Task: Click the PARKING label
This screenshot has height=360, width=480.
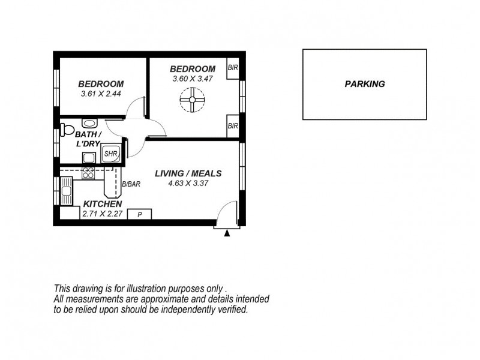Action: (x=365, y=85)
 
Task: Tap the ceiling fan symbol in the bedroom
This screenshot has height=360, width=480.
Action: (x=193, y=101)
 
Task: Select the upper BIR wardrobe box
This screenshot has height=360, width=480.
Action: (x=233, y=68)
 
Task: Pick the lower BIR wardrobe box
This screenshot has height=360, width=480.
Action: (x=233, y=126)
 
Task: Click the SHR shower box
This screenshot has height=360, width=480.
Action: (x=111, y=154)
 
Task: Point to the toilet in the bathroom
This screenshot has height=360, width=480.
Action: (x=66, y=130)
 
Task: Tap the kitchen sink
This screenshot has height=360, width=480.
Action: (x=65, y=193)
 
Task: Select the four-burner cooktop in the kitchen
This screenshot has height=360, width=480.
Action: (x=88, y=173)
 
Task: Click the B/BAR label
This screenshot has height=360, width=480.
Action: (x=131, y=185)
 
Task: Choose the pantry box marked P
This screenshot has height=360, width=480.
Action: (x=139, y=214)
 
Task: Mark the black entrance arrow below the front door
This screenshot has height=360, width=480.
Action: (x=227, y=233)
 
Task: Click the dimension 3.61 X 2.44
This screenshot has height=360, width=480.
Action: (x=101, y=94)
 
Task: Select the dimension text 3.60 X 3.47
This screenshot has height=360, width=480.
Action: (x=192, y=79)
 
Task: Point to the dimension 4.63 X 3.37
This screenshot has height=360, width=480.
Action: (x=188, y=184)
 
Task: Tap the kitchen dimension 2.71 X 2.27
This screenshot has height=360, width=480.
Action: (x=102, y=214)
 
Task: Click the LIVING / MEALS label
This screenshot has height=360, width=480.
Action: (x=188, y=173)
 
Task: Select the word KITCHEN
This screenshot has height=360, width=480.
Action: (x=102, y=204)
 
